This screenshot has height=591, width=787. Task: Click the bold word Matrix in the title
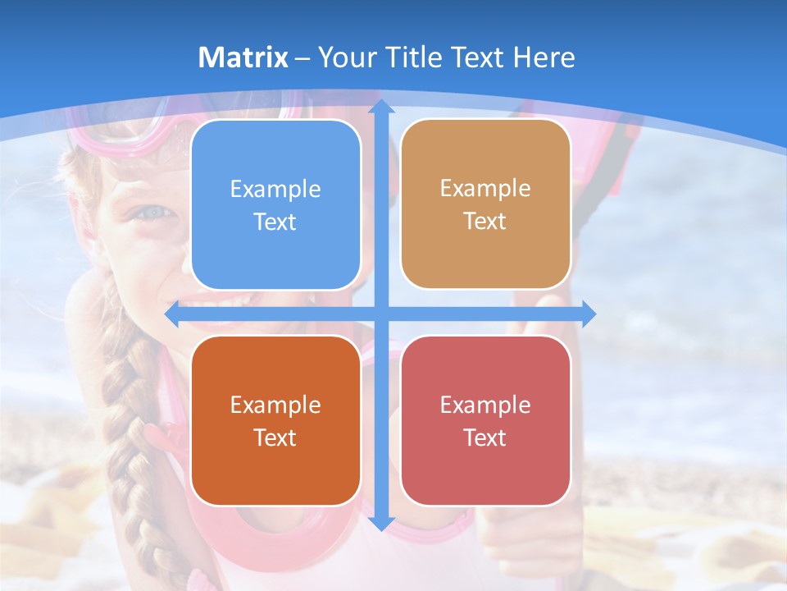pos(243,57)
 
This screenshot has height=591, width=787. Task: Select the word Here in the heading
pos(544,57)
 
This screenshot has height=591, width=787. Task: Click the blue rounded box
pos(275,204)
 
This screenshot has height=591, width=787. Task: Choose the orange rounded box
pos(275,420)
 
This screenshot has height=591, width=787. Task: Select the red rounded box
pos(485,420)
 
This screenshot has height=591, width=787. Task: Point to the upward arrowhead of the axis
pos(380,107)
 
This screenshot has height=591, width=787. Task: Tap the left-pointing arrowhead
pos(173,314)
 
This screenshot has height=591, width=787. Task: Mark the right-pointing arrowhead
pos(588,313)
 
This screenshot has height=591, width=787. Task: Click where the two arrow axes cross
pos(380,314)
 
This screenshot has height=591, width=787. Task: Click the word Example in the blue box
pos(275,190)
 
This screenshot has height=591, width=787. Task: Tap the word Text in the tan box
pos(485,222)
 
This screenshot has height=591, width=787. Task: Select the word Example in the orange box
pos(275,405)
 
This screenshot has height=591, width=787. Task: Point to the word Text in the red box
pos(485,438)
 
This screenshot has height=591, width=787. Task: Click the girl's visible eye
pos(154,213)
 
